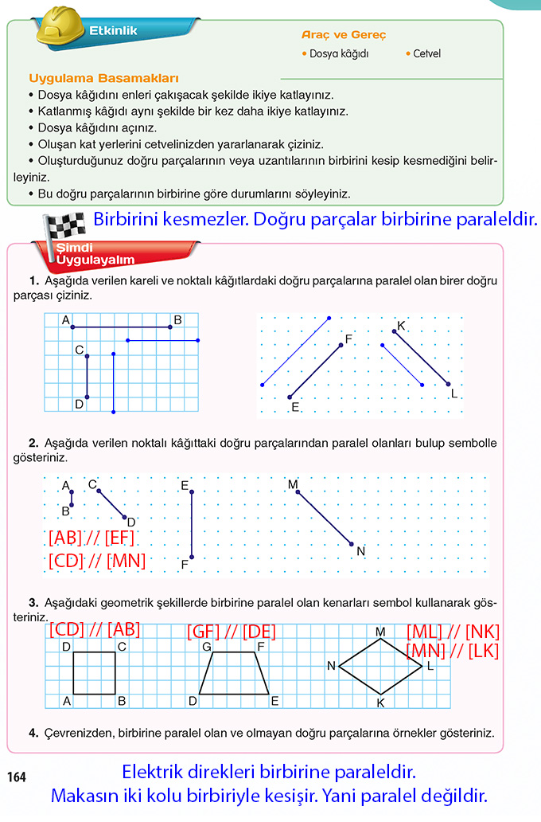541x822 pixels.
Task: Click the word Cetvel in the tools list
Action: (x=426, y=53)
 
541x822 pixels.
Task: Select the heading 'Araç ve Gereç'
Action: (x=344, y=35)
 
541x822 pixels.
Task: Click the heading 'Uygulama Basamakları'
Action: (x=103, y=78)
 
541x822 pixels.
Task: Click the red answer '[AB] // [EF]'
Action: (x=91, y=538)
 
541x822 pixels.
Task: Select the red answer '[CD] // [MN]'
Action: (x=97, y=560)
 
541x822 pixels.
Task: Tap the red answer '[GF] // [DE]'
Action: (x=232, y=632)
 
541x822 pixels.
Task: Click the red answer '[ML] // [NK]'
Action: (x=453, y=632)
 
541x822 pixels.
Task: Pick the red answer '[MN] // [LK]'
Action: (x=453, y=651)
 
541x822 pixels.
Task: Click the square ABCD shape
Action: (x=95, y=673)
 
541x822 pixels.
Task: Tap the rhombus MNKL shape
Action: (x=380, y=666)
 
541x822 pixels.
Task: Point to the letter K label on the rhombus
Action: (x=380, y=703)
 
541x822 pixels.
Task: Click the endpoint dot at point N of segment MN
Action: (x=352, y=545)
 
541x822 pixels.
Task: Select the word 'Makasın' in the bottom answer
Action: (x=86, y=795)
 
